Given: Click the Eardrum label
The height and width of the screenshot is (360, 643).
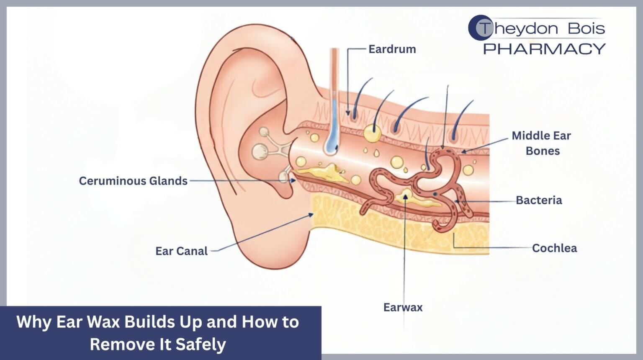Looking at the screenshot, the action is [x=392, y=49].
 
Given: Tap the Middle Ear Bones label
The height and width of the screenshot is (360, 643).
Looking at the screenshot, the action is [x=542, y=143].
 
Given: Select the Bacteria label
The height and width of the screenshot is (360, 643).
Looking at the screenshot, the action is [x=539, y=201].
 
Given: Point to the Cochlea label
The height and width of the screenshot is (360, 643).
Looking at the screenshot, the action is [x=554, y=248].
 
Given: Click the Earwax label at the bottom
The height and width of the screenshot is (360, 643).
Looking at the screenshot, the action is [x=403, y=307].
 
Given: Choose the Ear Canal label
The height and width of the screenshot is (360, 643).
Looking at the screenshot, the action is [x=181, y=251].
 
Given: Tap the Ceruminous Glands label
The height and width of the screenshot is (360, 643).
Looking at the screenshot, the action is [x=133, y=181].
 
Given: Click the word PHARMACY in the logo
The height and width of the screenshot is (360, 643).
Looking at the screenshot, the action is [x=545, y=49].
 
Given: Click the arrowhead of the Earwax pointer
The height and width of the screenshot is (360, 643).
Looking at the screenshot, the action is [x=405, y=197].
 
